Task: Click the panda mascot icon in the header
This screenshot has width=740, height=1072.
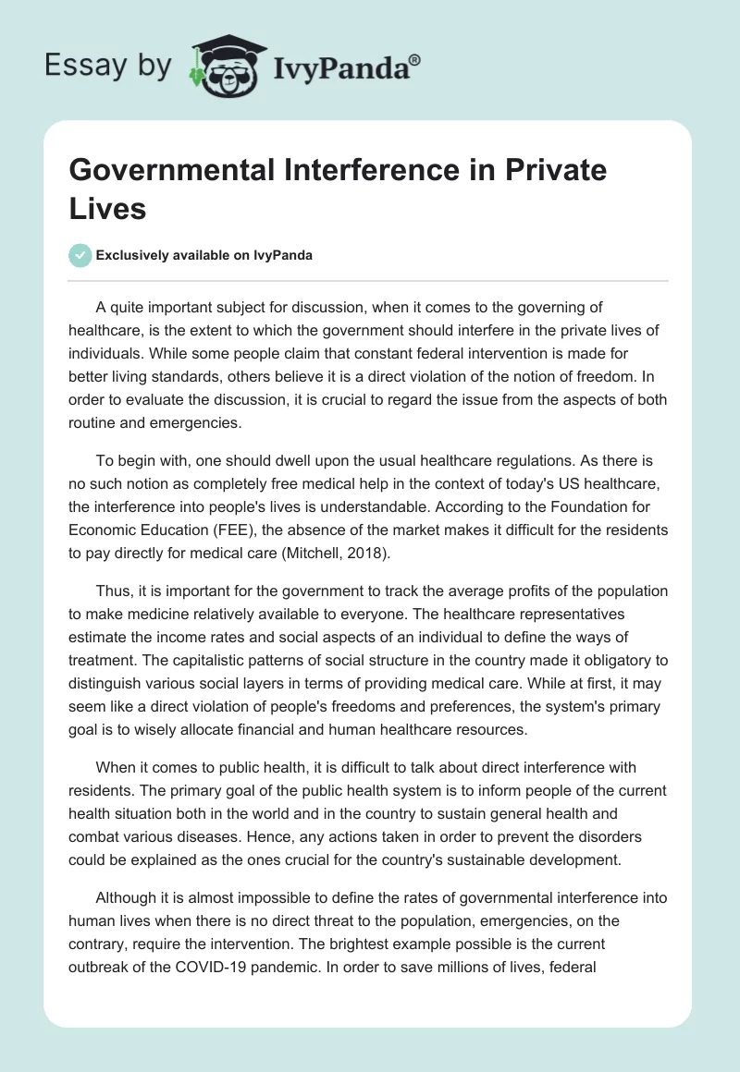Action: (x=226, y=66)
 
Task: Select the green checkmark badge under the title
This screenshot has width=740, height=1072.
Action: (x=80, y=255)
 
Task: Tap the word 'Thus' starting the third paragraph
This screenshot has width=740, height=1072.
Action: (x=113, y=591)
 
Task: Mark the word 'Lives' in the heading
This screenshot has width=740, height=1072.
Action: (x=108, y=209)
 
